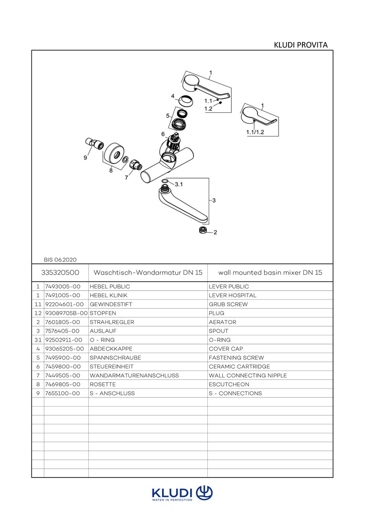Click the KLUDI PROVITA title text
click(301, 45)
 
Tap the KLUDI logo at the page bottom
click(182, 494)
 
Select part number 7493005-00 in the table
click(62, 287)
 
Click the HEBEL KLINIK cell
click(109, 295)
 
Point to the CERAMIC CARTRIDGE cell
click(239, 366)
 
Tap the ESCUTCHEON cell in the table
click(229, 384)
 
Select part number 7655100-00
click(62, 393)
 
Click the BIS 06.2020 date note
click(60, 260)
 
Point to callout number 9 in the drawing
click(85, 158)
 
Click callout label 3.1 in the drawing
click(179, 184)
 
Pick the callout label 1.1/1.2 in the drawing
click(255, 131)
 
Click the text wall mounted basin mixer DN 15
click(270, 272)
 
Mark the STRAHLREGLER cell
click(112, 322)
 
